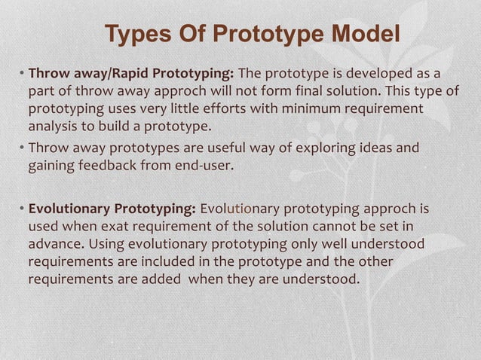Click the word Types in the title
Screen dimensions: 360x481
[133, 34]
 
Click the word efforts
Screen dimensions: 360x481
[213, 108]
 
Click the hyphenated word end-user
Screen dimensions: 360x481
[206, 165]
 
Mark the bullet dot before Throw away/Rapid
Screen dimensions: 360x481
[22, 75]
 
